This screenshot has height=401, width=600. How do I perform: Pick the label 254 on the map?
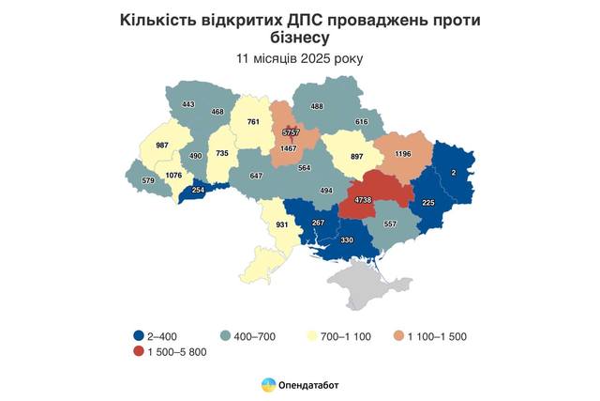198,190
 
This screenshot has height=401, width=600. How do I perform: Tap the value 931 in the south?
283,225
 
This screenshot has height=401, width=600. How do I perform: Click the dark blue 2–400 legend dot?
138,335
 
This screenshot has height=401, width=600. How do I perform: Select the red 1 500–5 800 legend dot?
138,351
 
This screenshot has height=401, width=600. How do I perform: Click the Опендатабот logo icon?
268,385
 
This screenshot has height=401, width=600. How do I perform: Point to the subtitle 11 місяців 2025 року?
299,58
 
